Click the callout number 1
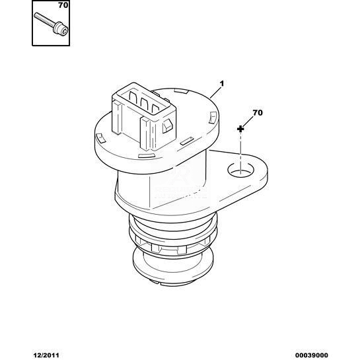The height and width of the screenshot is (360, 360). click(222, 84)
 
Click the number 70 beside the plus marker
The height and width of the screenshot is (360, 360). click(258, 113)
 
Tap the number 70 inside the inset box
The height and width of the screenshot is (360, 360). click(63, 5)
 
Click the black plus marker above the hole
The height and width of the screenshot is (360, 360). click(240, 129)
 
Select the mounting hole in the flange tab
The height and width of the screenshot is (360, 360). click(240, 170)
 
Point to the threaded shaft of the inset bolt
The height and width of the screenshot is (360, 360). click(44, 19)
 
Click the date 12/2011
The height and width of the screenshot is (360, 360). click(46, 355)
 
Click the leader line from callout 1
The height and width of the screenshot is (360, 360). click(215, 92)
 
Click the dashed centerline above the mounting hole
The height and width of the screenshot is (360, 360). click(240, 152)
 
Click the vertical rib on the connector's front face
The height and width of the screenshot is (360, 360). click(145, 133)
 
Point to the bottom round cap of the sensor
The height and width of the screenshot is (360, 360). click(172, 266)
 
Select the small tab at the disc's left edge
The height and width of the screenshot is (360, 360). click(100, 139)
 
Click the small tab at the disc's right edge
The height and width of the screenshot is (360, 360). click(213, 118)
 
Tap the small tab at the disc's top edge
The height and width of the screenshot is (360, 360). click(181, 90)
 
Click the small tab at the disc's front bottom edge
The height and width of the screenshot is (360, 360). click(145, 155)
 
